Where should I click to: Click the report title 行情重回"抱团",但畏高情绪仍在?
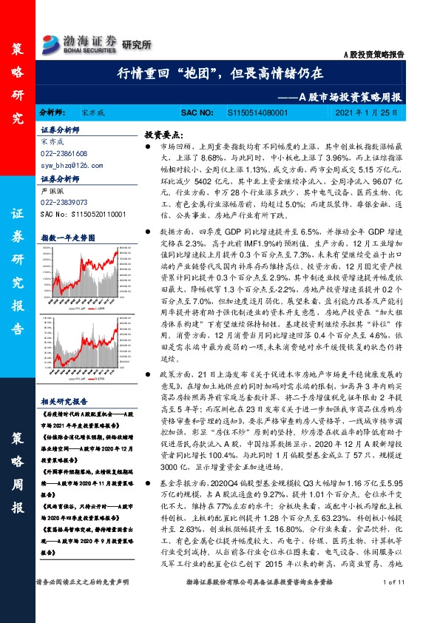220,75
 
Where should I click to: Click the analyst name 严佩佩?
50,190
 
